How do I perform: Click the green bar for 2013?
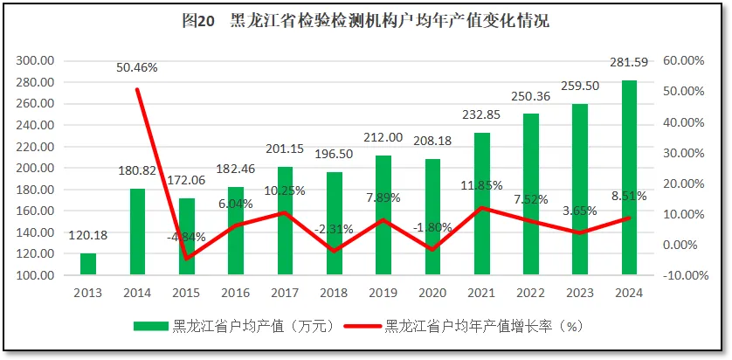[x=88, y=264]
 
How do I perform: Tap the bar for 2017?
[x=285, y=221]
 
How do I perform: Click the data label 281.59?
[x=629, y=60]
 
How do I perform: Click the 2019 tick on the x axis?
[x=383, y=293]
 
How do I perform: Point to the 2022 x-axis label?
[x=531, y=293]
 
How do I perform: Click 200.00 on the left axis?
[x=36, y=168]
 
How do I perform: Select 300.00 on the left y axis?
[x=36, y=60]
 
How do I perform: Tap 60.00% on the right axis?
[x=685, y=60]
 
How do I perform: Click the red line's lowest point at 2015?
[x=186, y=259]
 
